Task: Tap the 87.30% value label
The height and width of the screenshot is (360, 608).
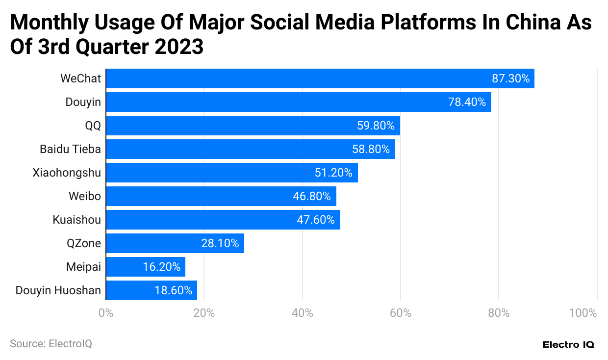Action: [510, 78]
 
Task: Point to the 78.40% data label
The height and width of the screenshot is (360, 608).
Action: [467, 102]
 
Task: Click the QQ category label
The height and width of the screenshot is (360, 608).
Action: [93, 126]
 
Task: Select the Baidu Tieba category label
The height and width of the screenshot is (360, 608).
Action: [70, 149]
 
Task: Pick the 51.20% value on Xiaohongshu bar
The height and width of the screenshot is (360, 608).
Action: [333, 173]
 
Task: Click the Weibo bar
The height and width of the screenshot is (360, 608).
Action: [221, 196]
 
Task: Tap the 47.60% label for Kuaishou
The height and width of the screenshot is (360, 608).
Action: [315, 220]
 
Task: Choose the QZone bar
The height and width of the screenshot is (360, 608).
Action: [175, 243]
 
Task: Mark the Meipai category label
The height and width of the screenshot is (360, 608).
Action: [83, 267]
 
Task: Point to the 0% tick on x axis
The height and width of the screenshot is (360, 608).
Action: [106, 313]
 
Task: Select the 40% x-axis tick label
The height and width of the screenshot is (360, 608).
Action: [303, 313]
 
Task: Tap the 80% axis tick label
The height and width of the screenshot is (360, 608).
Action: [499, 313]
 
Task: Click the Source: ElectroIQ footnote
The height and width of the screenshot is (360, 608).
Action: [51, 344]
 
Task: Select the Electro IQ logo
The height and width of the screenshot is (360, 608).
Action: [568, 345]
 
